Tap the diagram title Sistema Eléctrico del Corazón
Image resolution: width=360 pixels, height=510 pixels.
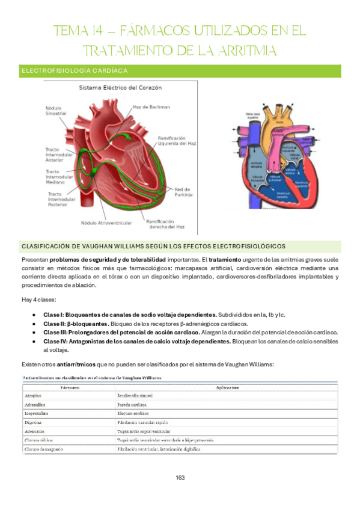tap(120, 88)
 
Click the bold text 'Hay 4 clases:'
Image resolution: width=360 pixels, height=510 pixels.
tap(39, 299)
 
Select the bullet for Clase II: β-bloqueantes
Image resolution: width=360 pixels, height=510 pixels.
tap(38, 324)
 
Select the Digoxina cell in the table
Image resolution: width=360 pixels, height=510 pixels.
tap(35, 423)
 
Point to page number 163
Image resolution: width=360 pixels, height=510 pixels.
tap(180, 478)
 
